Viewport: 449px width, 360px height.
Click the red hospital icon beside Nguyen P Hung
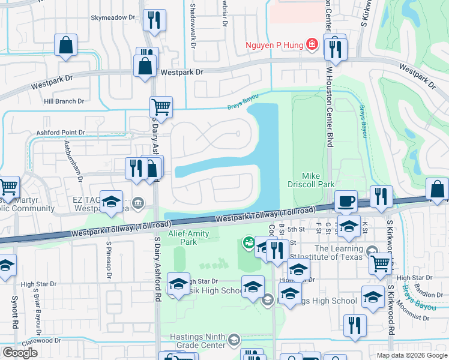312,44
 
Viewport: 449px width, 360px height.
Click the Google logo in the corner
20,352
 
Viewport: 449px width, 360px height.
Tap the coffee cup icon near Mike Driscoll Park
346,201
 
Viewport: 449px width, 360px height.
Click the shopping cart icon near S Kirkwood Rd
381,262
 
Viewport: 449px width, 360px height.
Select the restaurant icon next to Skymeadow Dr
155,21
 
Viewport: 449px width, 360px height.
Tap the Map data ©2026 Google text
411,355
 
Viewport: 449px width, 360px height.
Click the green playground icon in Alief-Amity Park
247,242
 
